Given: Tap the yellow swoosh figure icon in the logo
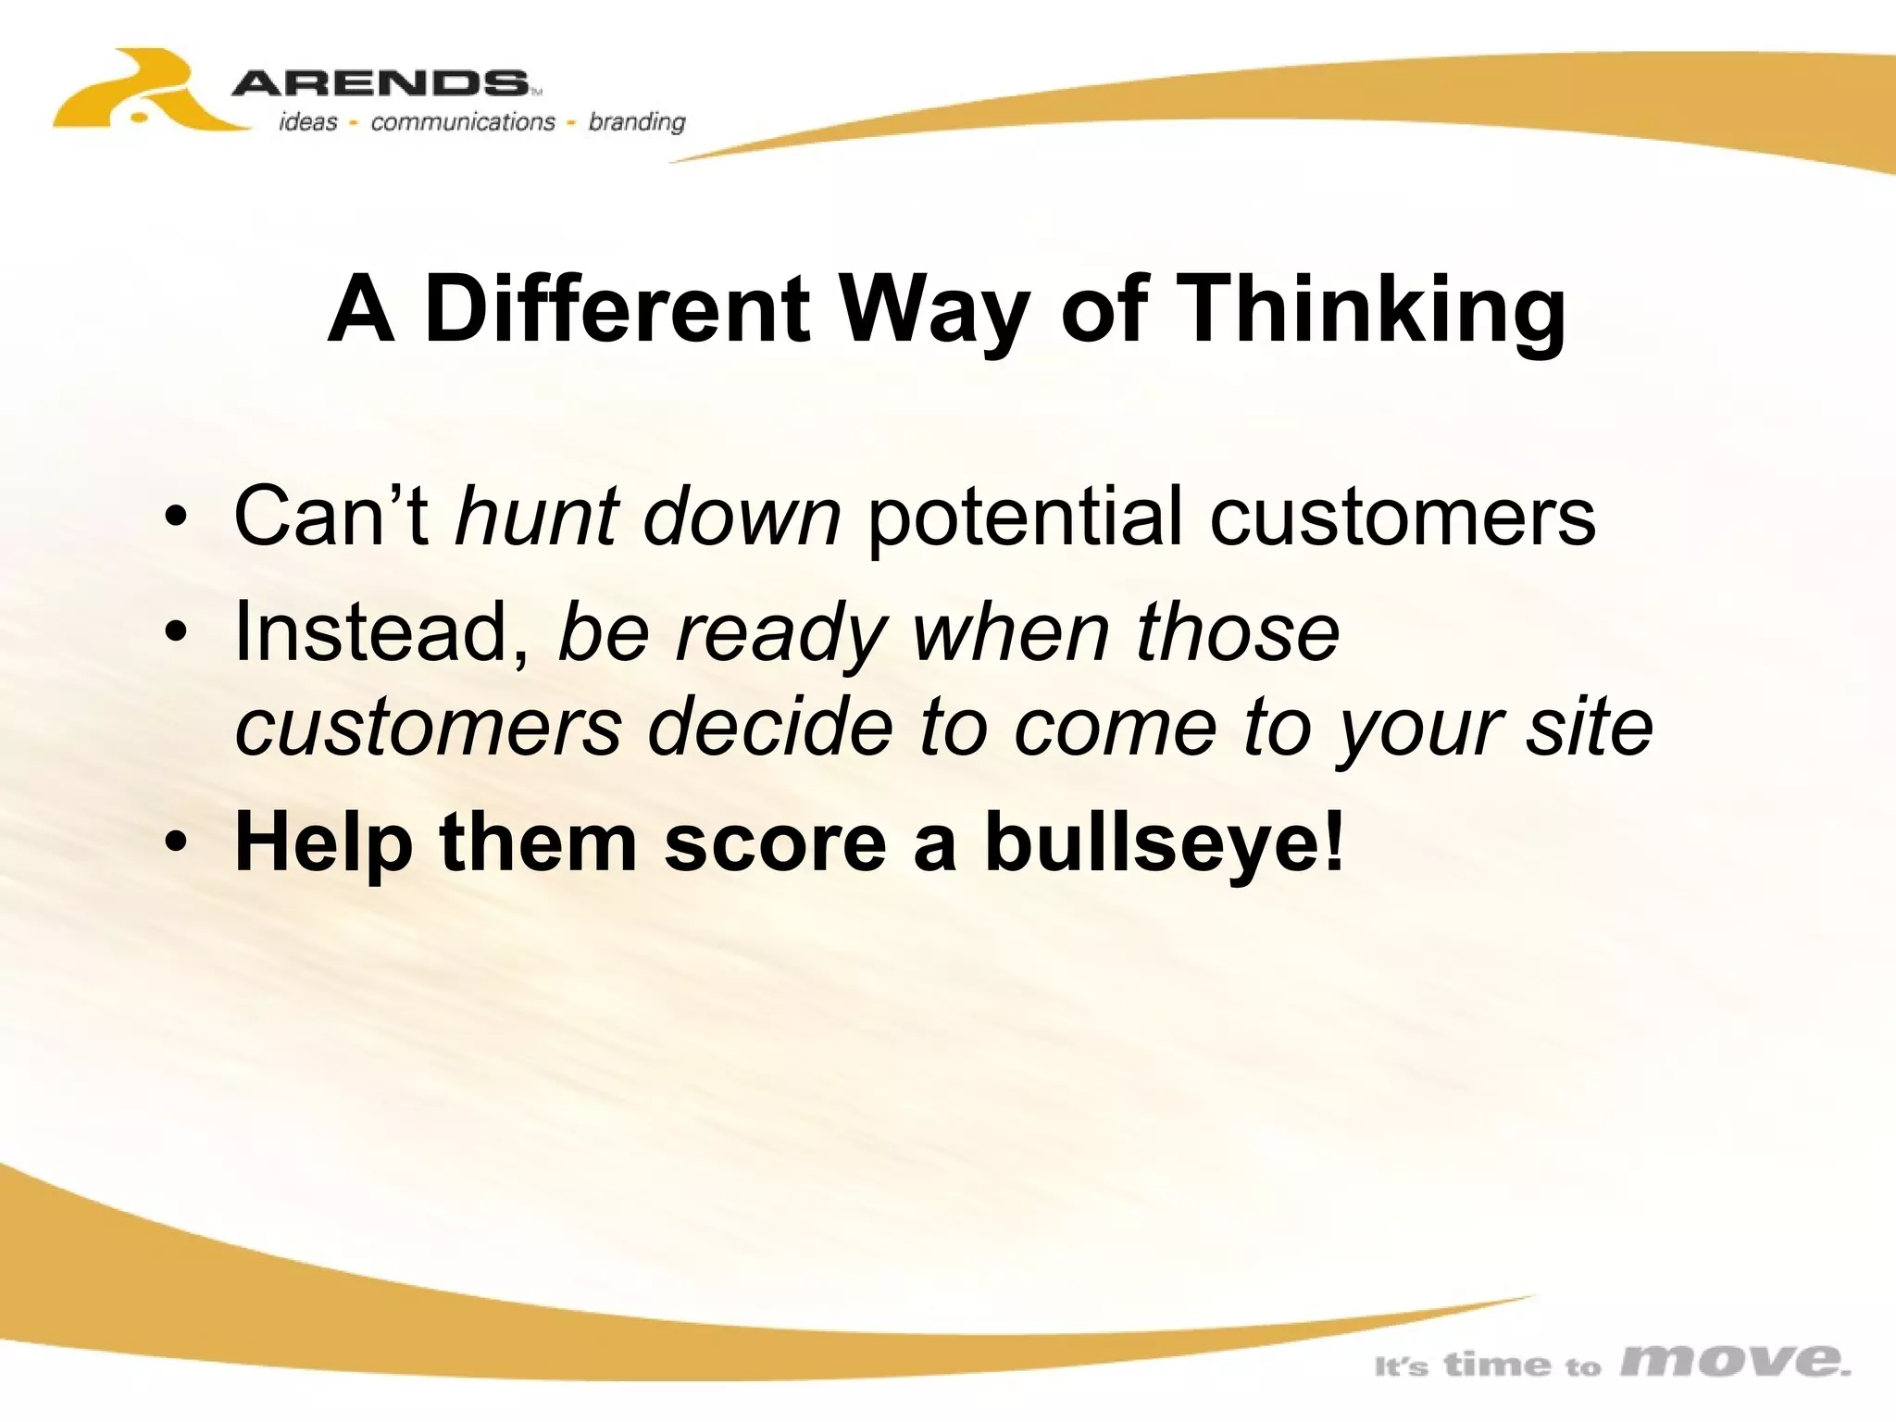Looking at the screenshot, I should click(139, 93).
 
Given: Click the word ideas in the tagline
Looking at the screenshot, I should click(307, 122).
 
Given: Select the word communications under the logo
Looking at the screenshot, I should click(462, 122).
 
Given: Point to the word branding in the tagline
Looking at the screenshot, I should click(637, 122).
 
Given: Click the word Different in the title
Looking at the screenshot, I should click(617, 309).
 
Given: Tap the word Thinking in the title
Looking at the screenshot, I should click(1375, 311).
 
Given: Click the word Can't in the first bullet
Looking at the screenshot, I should click(331, 516).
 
